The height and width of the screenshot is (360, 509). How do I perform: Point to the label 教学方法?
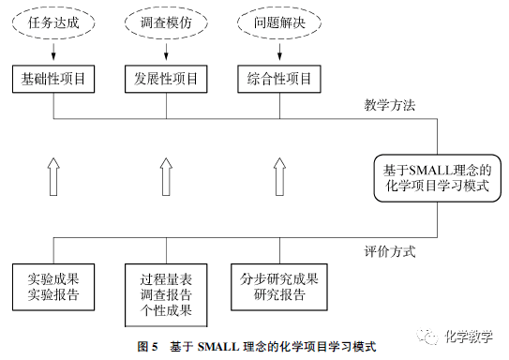[389, 104]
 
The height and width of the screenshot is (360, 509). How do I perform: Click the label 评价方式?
[389, 251]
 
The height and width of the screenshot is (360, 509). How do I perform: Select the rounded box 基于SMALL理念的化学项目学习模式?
[437, 177]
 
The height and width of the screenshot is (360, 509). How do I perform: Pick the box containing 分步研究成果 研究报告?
[278, 286]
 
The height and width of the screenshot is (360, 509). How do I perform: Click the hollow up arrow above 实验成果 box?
[53, 176]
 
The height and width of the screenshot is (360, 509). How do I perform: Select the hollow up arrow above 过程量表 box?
[166, 176]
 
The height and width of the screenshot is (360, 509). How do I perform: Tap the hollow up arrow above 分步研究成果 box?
[278, 176]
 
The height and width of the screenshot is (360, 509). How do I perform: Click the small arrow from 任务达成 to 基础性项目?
[53, 55]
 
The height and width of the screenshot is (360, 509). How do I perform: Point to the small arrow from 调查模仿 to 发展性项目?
[166, 55]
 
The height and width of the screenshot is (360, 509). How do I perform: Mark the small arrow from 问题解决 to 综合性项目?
[277, 55]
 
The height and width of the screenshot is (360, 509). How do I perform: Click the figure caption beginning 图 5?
[255, 346]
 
